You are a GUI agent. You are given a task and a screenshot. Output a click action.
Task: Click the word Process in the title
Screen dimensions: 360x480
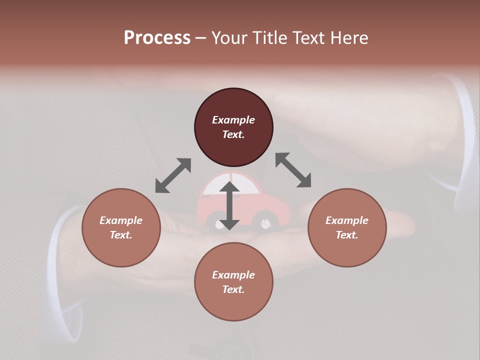157,38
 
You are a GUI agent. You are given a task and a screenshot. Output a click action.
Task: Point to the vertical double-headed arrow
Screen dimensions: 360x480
229,205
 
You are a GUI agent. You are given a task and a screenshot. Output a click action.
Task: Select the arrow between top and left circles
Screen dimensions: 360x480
173,175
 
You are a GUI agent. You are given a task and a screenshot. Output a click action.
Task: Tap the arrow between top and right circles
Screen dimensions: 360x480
293,170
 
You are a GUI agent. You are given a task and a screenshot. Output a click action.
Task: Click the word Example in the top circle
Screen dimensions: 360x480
233,120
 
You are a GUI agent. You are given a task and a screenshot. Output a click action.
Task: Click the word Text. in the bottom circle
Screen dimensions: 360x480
233,289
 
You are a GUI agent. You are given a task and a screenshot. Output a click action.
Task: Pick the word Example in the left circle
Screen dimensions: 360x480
121,220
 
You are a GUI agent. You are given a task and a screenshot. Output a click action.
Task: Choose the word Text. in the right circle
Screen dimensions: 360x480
347,235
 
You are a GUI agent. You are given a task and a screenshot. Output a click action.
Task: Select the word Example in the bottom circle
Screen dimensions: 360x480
233,275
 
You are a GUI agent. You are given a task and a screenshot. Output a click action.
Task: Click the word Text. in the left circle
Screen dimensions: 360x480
121,235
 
